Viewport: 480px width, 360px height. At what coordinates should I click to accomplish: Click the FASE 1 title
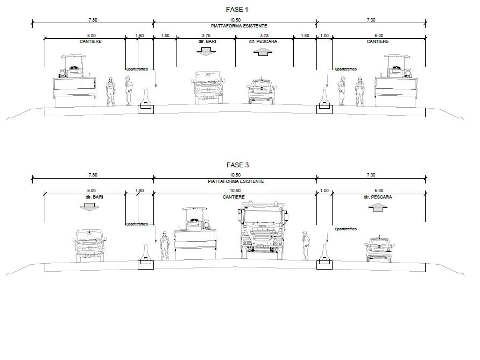pos(237,10)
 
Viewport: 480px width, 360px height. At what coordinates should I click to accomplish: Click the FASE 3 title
pos(237,165)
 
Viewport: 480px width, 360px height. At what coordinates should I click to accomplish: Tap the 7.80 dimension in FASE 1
pos(93,20)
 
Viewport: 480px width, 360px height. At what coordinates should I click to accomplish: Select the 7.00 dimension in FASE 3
pos(371,175)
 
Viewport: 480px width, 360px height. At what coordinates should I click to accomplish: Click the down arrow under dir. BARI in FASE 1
pos(206,52)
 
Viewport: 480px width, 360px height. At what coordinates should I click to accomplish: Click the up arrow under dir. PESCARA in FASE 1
pos(263,52)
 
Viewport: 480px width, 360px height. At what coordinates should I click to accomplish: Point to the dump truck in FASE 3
pos(263,230)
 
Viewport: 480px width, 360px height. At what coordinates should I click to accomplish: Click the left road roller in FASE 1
pos(74,81)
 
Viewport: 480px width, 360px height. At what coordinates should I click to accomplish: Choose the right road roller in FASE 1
pos(396,81)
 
